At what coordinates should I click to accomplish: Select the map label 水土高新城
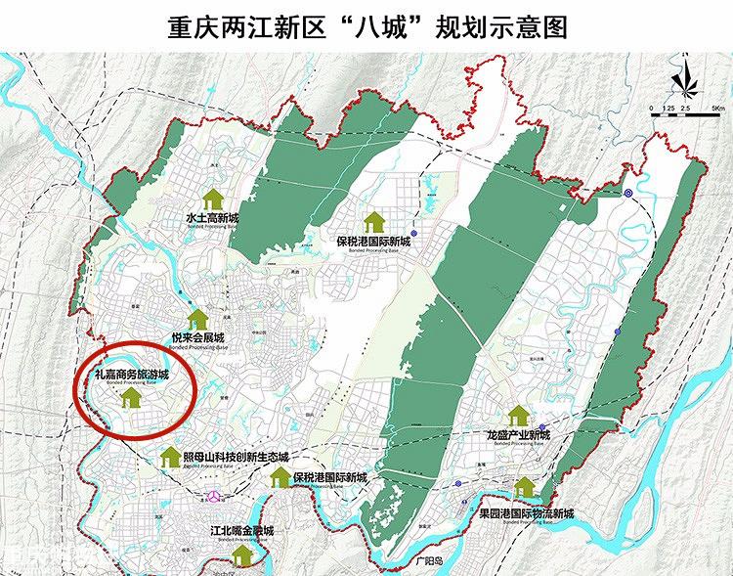(212, 217)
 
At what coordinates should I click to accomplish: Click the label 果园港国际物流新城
(526, 513)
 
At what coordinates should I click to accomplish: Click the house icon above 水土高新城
(211, 197)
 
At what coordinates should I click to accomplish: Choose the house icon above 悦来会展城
(198, 318)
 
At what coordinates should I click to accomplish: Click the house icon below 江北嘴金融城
(241, 554)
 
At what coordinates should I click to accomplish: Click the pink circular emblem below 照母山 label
(212, 497)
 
